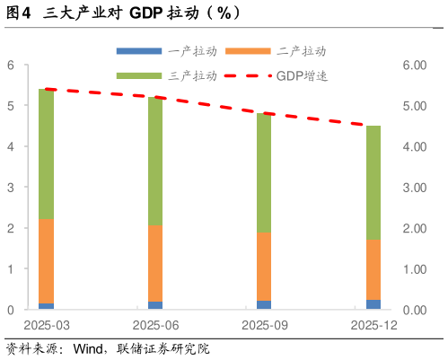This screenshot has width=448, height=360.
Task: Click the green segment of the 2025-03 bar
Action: pyautogui.click(x=46, y=154)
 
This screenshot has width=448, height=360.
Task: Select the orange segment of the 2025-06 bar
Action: pyautogui.click(x=155, y=263)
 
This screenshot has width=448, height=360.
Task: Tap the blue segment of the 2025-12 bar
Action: pyautogui.click(x=373, y=304)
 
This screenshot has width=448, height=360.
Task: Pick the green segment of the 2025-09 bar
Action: pyautogui.click(x=264, y=172)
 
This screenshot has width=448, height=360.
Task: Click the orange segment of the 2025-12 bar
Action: pyautogui.click(x=373, y=269)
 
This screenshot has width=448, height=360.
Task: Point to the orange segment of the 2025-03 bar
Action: pyautogui.click(x=46, y=260)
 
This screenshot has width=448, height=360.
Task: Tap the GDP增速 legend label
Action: pyautogui.click(x=302, y=76)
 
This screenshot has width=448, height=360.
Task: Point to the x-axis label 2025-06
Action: pyautogui.click(x=155, y=325)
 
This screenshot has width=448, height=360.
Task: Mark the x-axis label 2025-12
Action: pyautogui.click(x=373, y=325)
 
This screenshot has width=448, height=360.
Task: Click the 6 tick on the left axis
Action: pyautogui.click(x=11, y=65)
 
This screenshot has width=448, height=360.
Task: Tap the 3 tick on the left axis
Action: pyautogui.click(x=11, y=188)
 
